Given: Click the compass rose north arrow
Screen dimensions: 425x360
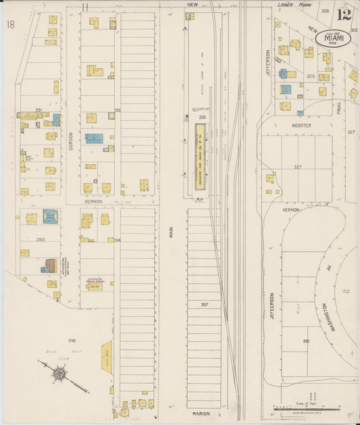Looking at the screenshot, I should point(60,373).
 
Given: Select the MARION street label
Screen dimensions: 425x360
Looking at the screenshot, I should point(200,413).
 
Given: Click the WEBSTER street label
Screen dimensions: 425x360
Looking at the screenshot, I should point(301,125).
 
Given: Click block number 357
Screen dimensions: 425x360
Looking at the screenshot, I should point(203,305).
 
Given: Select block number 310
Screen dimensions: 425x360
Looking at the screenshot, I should point(306,341).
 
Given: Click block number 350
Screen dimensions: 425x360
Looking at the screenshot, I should point(40,239).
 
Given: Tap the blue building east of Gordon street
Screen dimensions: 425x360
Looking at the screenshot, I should point(94,138).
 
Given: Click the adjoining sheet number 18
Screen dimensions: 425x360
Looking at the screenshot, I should point(10,25).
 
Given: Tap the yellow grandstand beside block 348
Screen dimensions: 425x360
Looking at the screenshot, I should point(107,355).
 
